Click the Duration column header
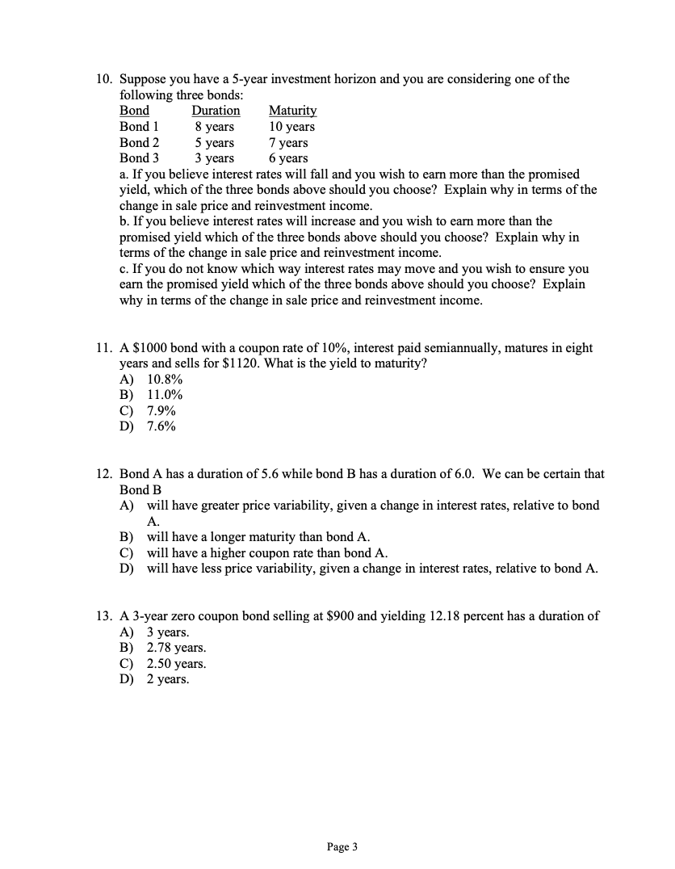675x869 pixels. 216,111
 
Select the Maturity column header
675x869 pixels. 292,111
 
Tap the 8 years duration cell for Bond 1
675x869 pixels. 214,127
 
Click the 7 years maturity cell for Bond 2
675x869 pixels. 288,143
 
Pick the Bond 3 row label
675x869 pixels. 139,158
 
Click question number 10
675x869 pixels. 103,79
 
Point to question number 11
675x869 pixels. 103,348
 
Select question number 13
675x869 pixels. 103,616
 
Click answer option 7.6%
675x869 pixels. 161,426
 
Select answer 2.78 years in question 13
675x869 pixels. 176,648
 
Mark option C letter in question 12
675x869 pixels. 127,553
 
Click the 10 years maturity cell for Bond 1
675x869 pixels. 291,127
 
